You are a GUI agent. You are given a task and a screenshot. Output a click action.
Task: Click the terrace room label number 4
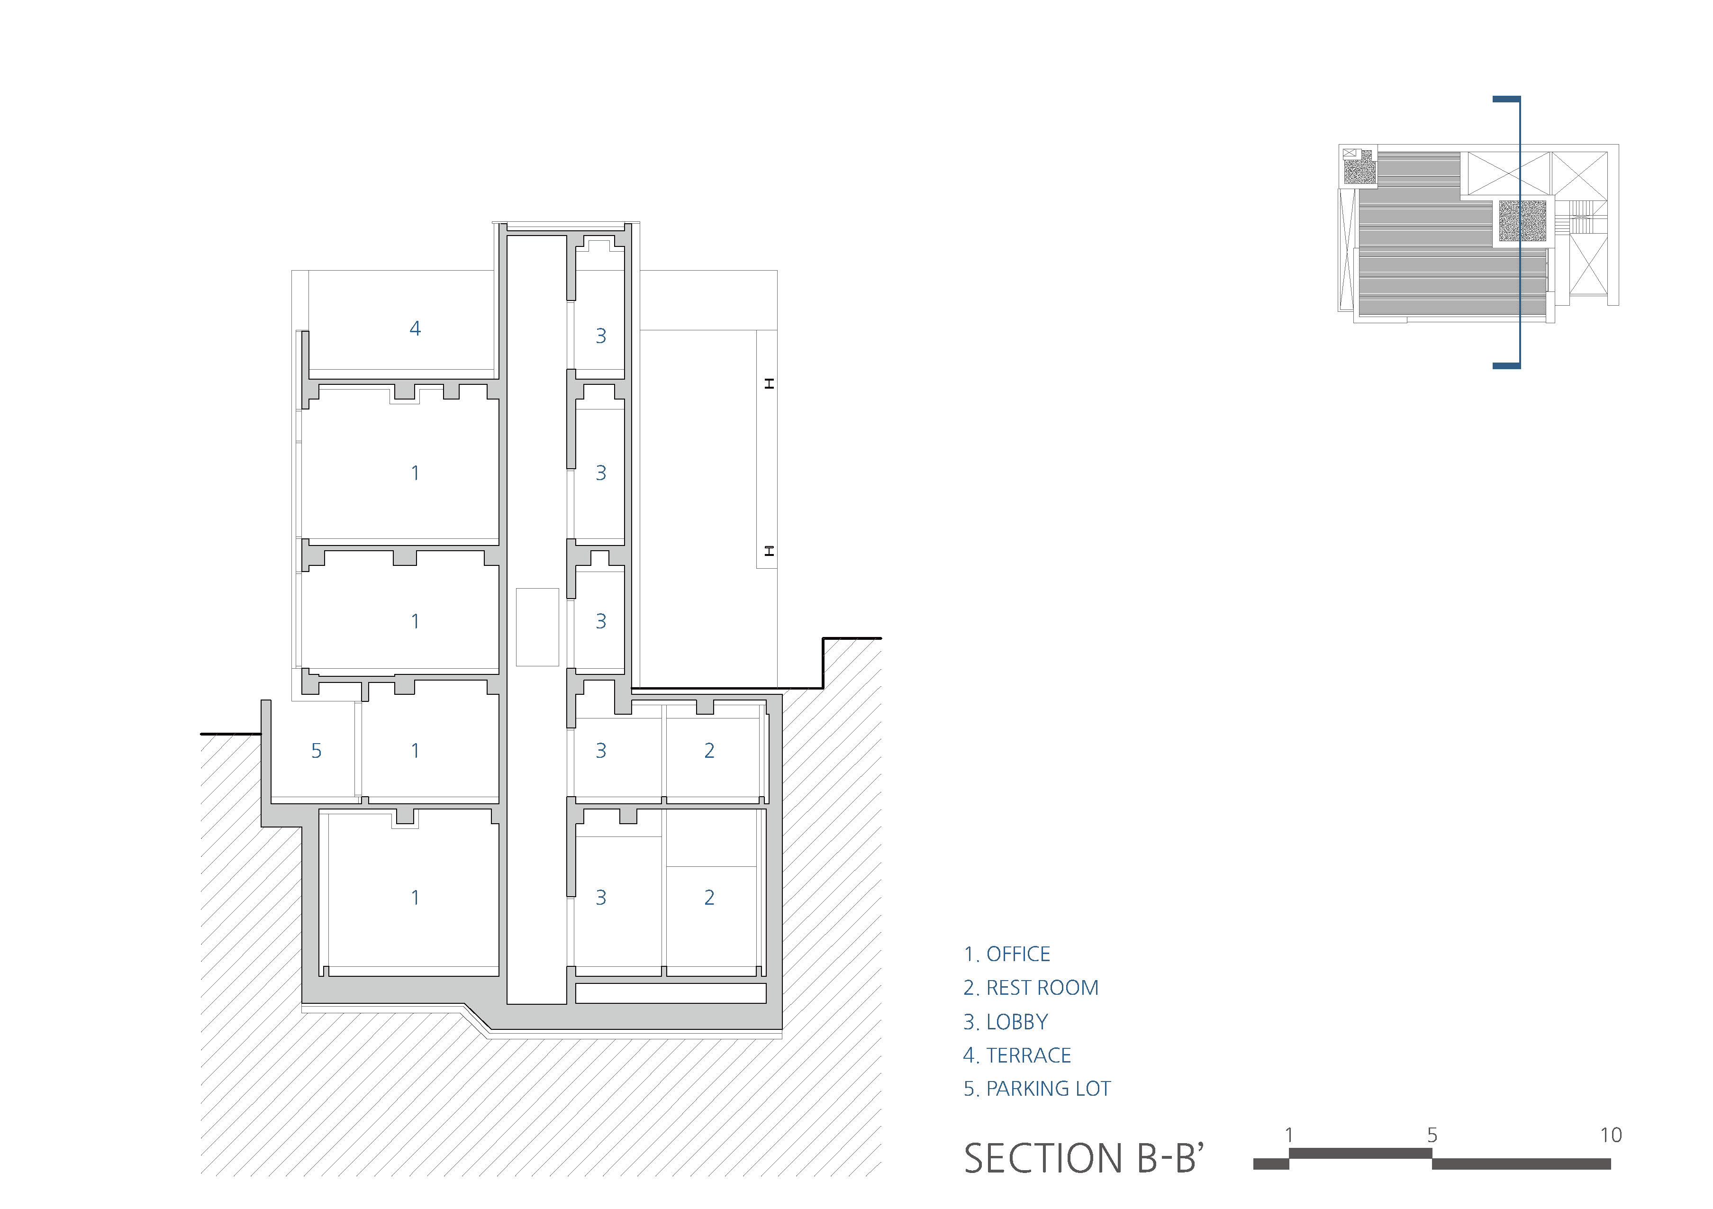(415, 328)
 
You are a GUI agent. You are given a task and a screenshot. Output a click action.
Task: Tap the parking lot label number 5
(317, 751)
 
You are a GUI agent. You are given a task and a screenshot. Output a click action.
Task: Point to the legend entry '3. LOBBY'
(1006, 1022)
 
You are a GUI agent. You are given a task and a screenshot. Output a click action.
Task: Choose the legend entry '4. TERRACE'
(1017, 1055)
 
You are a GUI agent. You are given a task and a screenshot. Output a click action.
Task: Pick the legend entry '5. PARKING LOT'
(1037, 1089)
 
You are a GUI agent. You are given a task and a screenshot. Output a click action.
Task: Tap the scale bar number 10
(1611, 1135)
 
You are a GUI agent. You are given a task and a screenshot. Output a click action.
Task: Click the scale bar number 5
(1432, 1135)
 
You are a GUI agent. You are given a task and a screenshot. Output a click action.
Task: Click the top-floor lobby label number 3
(600, 336)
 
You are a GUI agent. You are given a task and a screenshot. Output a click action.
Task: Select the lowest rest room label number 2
(709, 898)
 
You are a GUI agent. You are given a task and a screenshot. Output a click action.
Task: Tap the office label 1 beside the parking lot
(415, 751)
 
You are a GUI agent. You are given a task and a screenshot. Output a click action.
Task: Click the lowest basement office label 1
(415, 898)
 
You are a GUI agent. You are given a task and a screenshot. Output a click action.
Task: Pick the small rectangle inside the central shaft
(537, 627)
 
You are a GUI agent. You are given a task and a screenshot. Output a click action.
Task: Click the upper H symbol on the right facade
(769, 383)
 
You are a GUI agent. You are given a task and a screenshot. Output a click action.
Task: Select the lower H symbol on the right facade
(769, 551)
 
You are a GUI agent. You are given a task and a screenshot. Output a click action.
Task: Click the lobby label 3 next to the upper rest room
(600, 751)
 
